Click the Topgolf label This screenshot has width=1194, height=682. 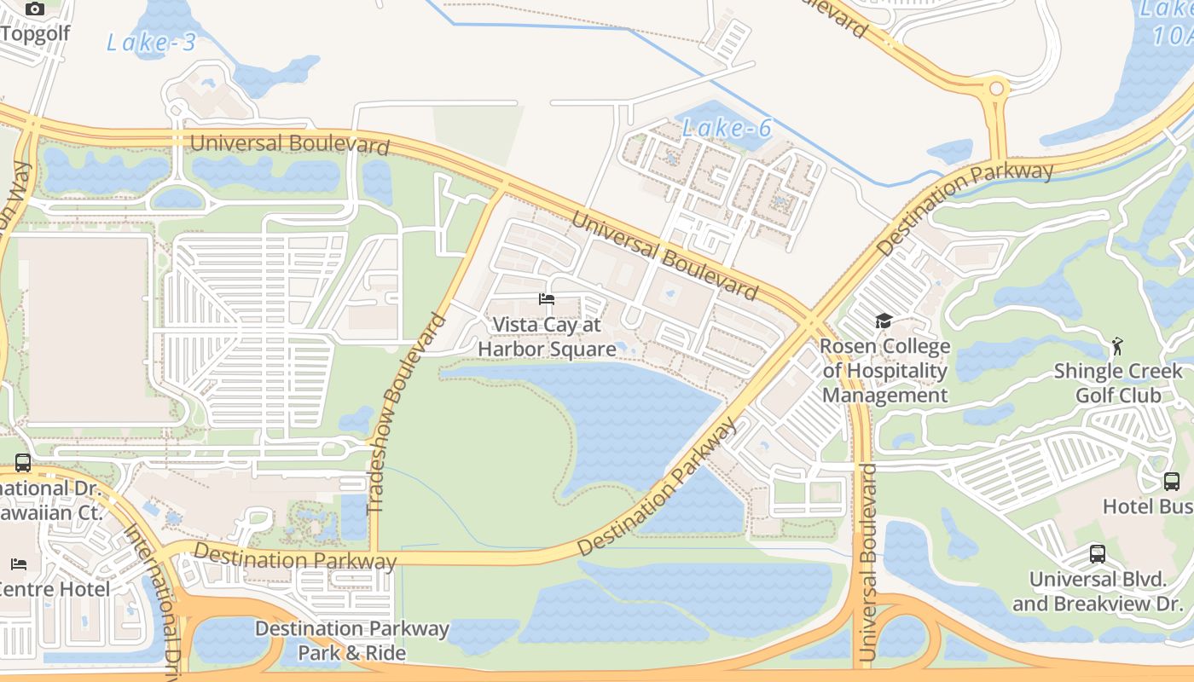[x=35, y=33]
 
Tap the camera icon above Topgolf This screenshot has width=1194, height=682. [x=35, y=9]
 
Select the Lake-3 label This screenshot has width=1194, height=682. [x=151, y=43]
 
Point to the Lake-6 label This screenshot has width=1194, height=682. [x=727, y=129]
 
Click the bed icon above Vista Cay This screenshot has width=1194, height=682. [x=547, y=299]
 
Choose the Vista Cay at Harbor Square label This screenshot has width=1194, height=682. [x=547, y=337]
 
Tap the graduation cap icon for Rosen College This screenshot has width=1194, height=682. [x=884, y=321]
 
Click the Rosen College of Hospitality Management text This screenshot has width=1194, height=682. [x=884, y=371]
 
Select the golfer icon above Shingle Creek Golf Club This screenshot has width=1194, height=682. [x=1117, y=346]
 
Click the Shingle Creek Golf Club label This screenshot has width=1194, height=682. [x=1117, y=383]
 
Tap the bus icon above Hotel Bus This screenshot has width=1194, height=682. [x=1172, y=482]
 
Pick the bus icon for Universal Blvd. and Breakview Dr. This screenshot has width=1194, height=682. [x=1098, y=554]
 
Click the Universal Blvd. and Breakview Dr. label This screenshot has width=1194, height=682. [x=1097, y=592]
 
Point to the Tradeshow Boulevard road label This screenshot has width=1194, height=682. [x=406, y=414]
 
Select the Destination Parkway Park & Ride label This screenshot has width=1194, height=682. [x=351, y=641]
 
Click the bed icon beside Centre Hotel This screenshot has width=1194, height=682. [x=19, y=564]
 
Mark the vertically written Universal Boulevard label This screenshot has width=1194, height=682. [x=867, y=563]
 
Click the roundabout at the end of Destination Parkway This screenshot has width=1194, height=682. [x=995, y=88]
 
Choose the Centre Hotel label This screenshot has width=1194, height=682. [x=55, y=589]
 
